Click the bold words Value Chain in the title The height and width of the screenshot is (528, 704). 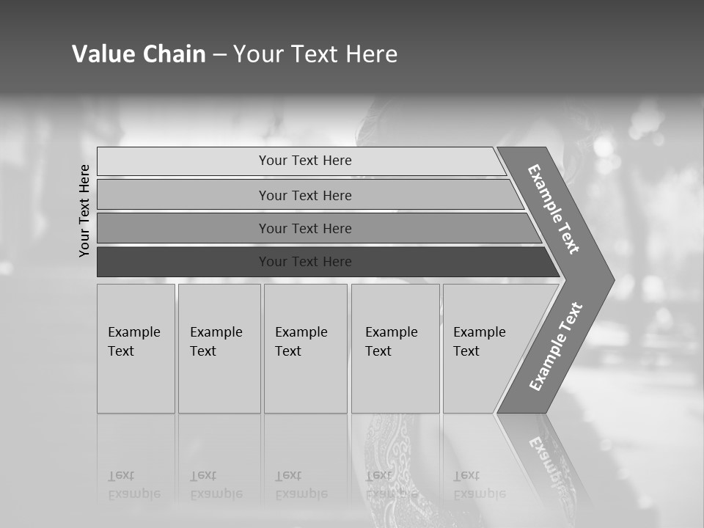click(139, 54)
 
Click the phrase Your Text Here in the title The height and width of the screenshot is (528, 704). click(315, 54)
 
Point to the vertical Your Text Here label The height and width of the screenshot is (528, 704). click(84, 210)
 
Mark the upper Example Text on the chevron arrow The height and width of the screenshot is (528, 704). click(554, 209)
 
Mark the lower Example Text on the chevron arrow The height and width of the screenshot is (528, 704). click(555, 347)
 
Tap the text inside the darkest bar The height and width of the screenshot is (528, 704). click(305, 262)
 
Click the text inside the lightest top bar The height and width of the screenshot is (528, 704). click(305, 161)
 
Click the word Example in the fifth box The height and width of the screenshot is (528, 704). click(480, 332)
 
